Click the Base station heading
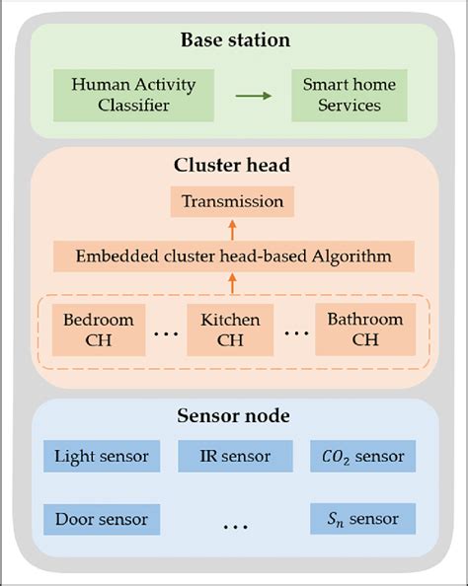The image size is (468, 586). [x=235, y=39]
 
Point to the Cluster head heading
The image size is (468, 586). [x=234, y=166]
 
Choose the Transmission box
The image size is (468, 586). [x=233, y=202]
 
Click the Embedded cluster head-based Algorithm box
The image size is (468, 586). [x=233, y=256]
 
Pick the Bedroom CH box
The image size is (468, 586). [x=98, y=330]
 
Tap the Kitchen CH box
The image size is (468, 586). [x=230, y=330]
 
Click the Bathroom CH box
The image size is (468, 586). [x=365, y=330]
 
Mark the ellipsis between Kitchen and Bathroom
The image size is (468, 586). [x=296, y=335]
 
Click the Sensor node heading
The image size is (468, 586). [x=234, y=416]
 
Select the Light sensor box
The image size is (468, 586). [x=102, y=456]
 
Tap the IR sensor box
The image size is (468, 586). [x=235, y=456]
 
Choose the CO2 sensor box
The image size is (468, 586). [x=362, y=456]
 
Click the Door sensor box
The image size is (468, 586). [x=102, y=518]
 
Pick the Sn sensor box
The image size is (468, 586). [x=362, y=518]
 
